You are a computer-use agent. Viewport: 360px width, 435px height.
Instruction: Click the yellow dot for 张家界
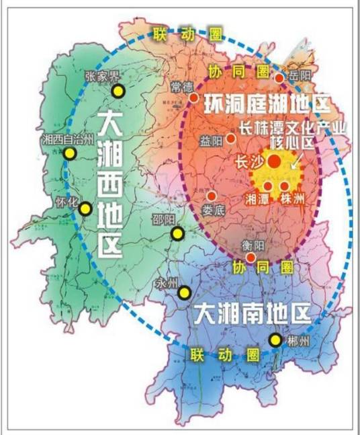click(x=118, y=91)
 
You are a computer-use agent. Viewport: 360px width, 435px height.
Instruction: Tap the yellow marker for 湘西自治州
click(x=70, y=154)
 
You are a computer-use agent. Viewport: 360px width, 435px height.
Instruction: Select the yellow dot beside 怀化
click(x=85, y=209)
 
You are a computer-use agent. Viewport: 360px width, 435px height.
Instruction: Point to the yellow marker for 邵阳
click(x=177, y=233)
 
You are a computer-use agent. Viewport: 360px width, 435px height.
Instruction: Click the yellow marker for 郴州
click(x=275, y=340)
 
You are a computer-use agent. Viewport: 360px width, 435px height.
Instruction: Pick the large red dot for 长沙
click(x=274, y=161)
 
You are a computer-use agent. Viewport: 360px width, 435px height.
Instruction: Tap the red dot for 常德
click(x=193, y=97)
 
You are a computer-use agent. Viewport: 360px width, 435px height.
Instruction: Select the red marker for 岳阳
click(x=279, y=78)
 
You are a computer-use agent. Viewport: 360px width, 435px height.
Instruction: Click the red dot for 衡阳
click(x=251, y=258)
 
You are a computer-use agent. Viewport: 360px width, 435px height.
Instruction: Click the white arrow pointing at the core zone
click(x=296, y=160)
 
